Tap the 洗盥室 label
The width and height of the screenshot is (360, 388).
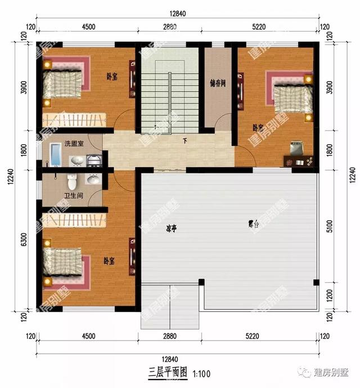click(x=74, y=144)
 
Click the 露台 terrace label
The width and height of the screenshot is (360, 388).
click(x=254, y=224)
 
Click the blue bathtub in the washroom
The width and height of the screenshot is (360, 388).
click(x=55, y=155)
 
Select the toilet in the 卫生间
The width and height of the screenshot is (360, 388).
click(x=71, y=181)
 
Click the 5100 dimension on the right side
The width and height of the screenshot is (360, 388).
click(x=337, y=229)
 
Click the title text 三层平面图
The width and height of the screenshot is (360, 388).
click(x=168, y=373)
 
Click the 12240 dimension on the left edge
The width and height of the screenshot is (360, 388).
click(x=10, y=175)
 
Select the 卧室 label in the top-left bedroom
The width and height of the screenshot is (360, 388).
click(x=112, y=77)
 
